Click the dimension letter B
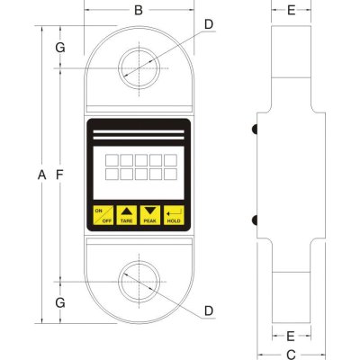[139, 11]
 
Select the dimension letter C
[291, 354]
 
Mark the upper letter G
[59, 47]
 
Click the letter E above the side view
[291, 11]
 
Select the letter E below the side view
[291, 336]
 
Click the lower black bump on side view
[256, 219]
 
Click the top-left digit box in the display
[110, 159]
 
